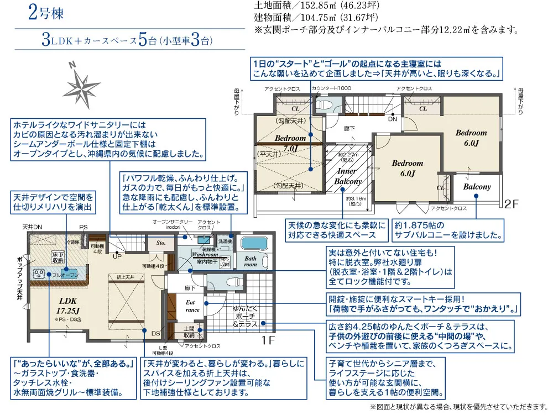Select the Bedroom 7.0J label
click(x=290, y=143)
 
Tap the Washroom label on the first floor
click(x=205, y=255)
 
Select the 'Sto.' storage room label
click(x=161, y=242)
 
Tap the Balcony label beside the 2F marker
click(x=477, y=187)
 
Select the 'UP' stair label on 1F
click(x=117, y=256)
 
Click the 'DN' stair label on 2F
click(x=392, y=119)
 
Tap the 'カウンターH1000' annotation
click(x=331, y=88)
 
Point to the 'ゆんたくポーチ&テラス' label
click(x=245, y=317)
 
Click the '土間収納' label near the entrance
click(x=189, y=332)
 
